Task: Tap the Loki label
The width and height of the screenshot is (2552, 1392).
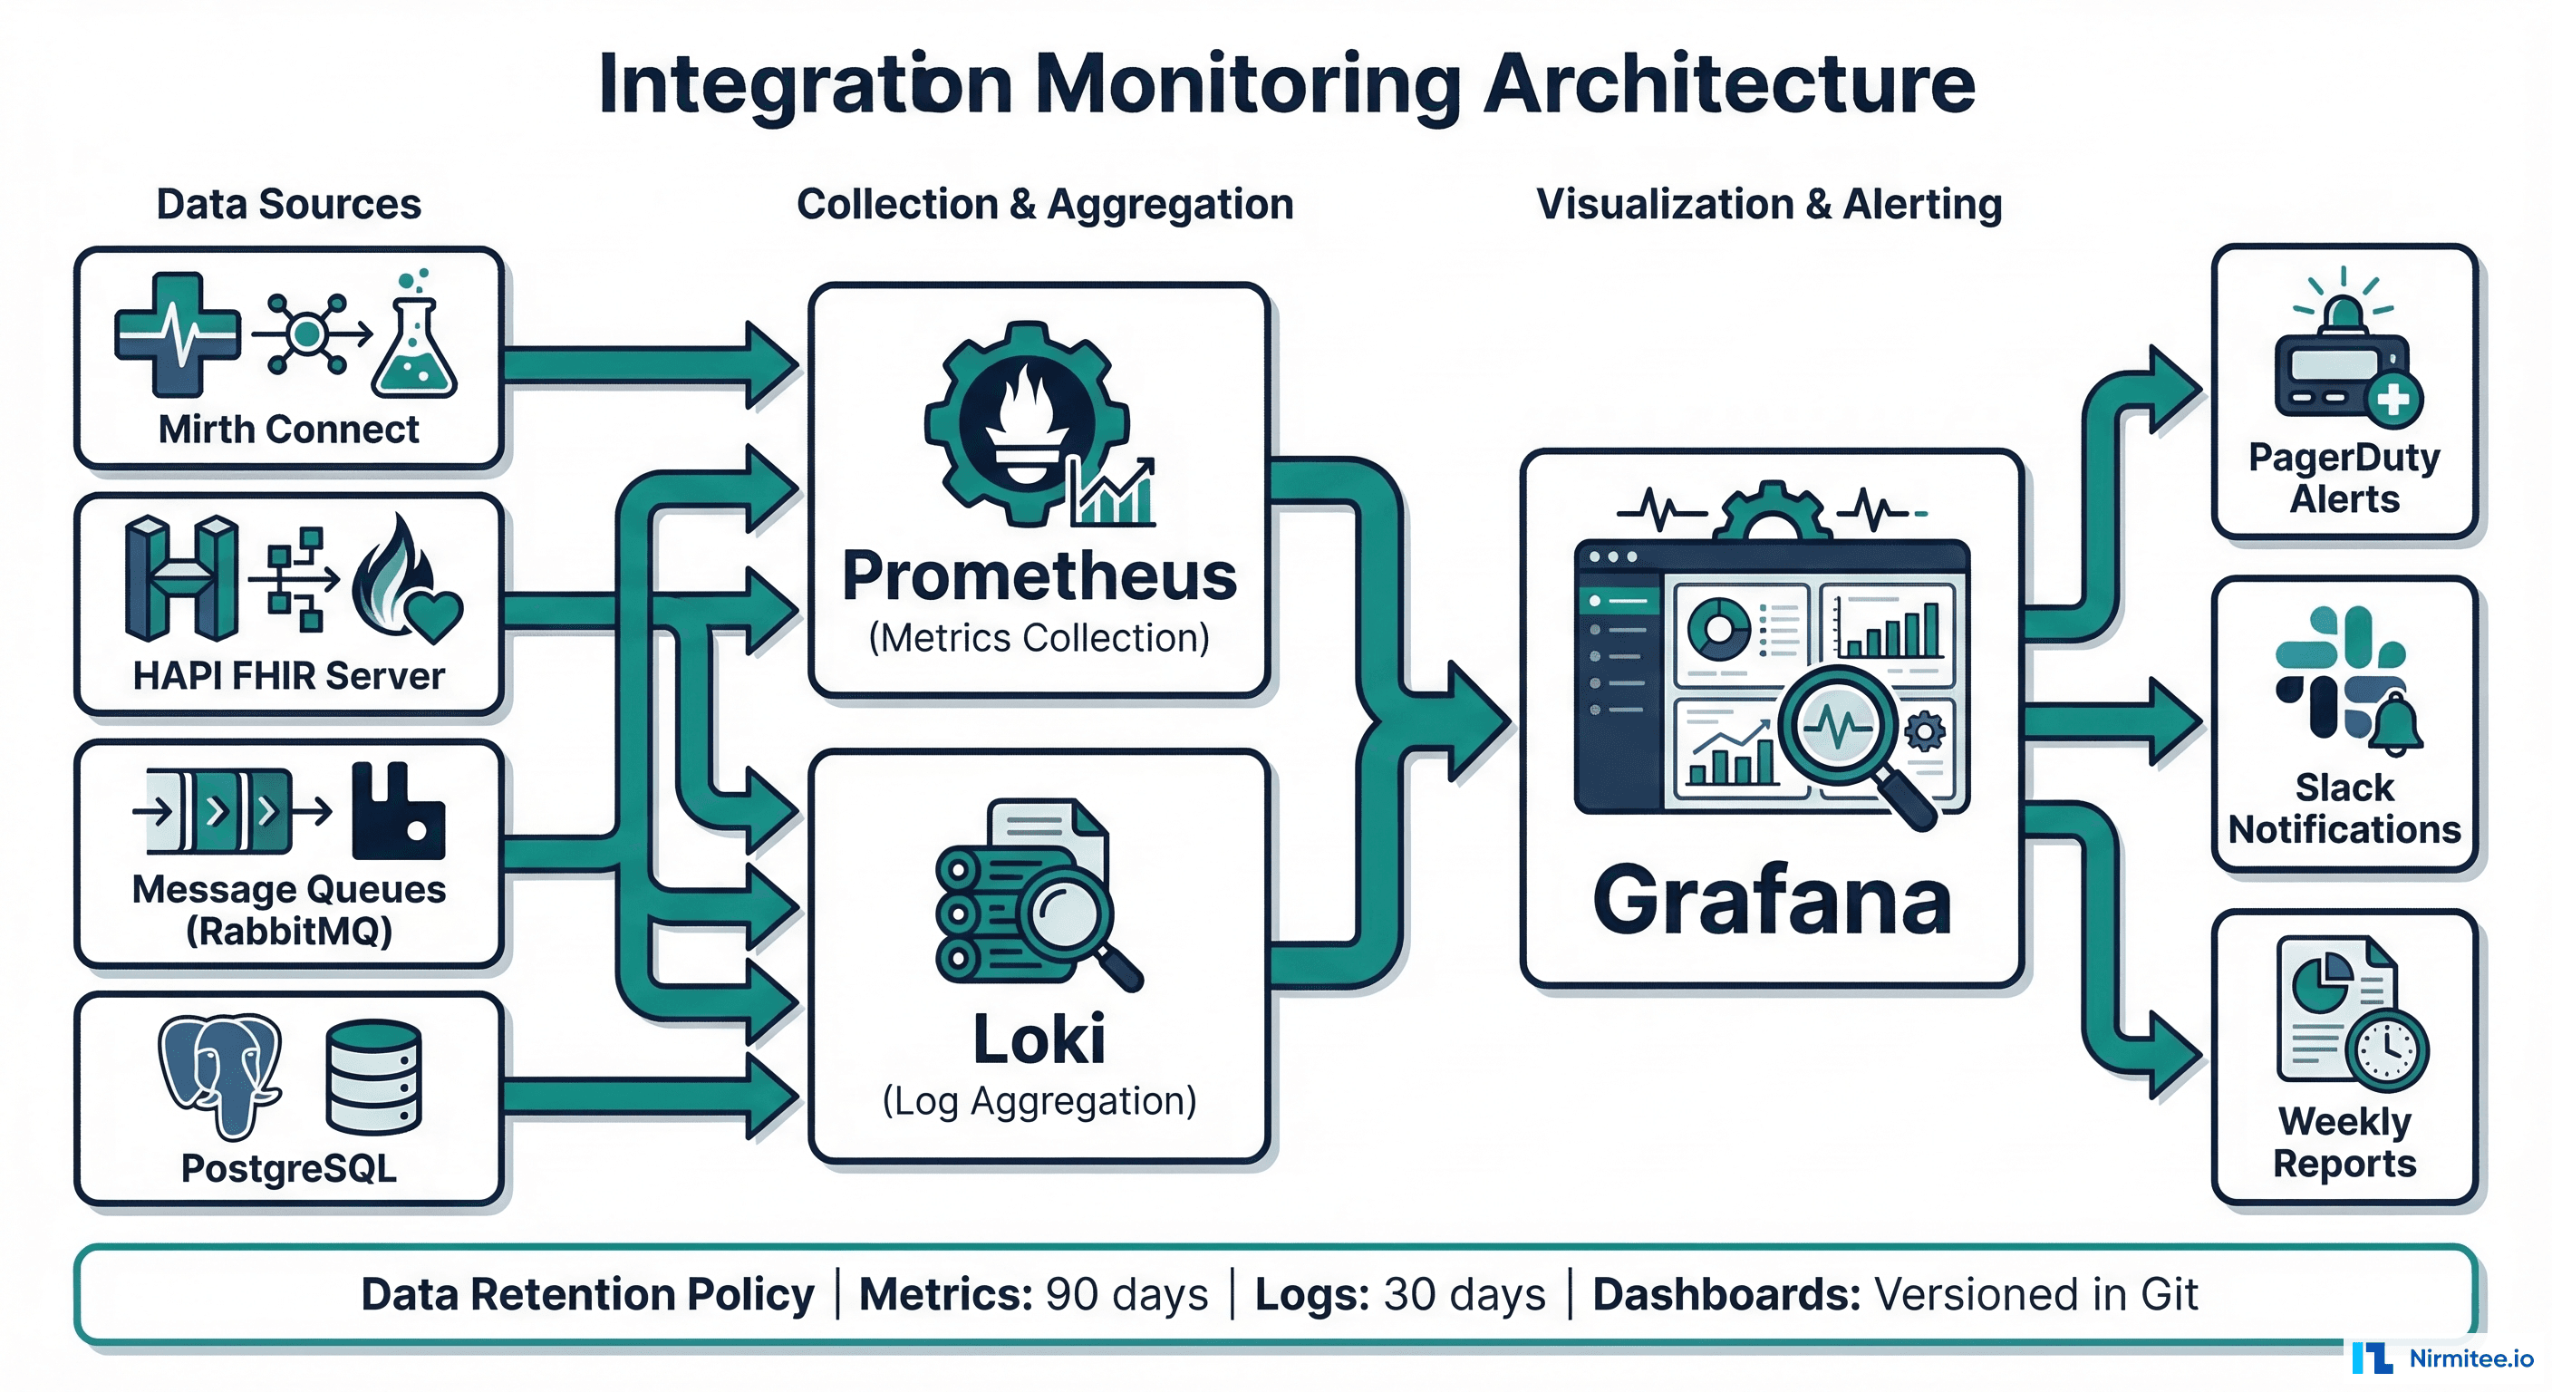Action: tap(1039, 1039)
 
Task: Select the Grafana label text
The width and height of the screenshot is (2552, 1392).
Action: tap(1772, 900)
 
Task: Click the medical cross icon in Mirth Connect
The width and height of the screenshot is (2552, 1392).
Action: tap(178, 335)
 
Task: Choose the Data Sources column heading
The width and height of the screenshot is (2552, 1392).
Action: tap(288, 204)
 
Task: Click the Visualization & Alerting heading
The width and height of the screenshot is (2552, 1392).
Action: tap(1768, 204)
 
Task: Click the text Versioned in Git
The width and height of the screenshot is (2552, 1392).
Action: tap(2035, 1294)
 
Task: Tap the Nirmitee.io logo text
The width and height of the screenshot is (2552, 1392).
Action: tap(2470, 1358)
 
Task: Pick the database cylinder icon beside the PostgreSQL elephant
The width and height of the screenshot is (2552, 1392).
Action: tap(373, 1076)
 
